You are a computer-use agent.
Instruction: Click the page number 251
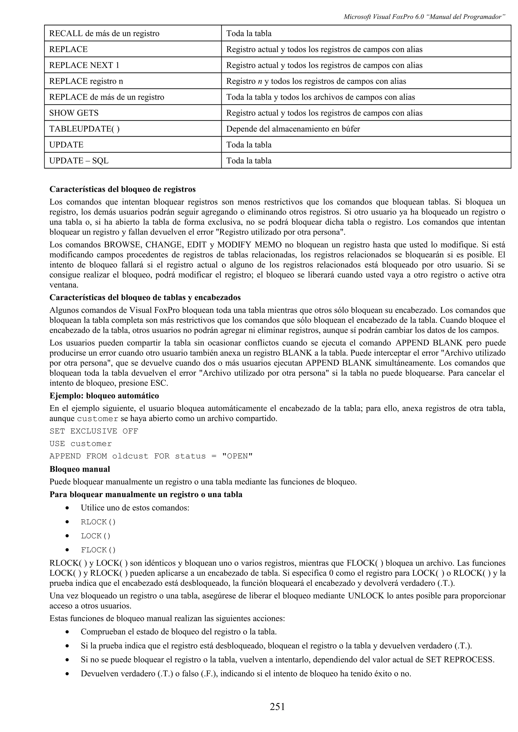coord(277,706)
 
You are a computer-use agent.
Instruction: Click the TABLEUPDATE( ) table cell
coord(84,129)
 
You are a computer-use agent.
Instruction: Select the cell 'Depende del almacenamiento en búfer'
coord(293,129)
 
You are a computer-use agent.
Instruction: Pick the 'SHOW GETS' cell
coord(74,113)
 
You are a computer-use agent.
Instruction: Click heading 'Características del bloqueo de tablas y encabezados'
coord(145,298)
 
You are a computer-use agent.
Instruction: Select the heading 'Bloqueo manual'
coord(79,469)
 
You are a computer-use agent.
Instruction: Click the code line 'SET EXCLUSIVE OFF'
coord(94,431)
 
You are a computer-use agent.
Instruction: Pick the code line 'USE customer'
coord(80,444)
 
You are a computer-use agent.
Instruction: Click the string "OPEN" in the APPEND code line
coord(237,456)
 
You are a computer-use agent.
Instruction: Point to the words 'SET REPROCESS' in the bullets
coord(460,660)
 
